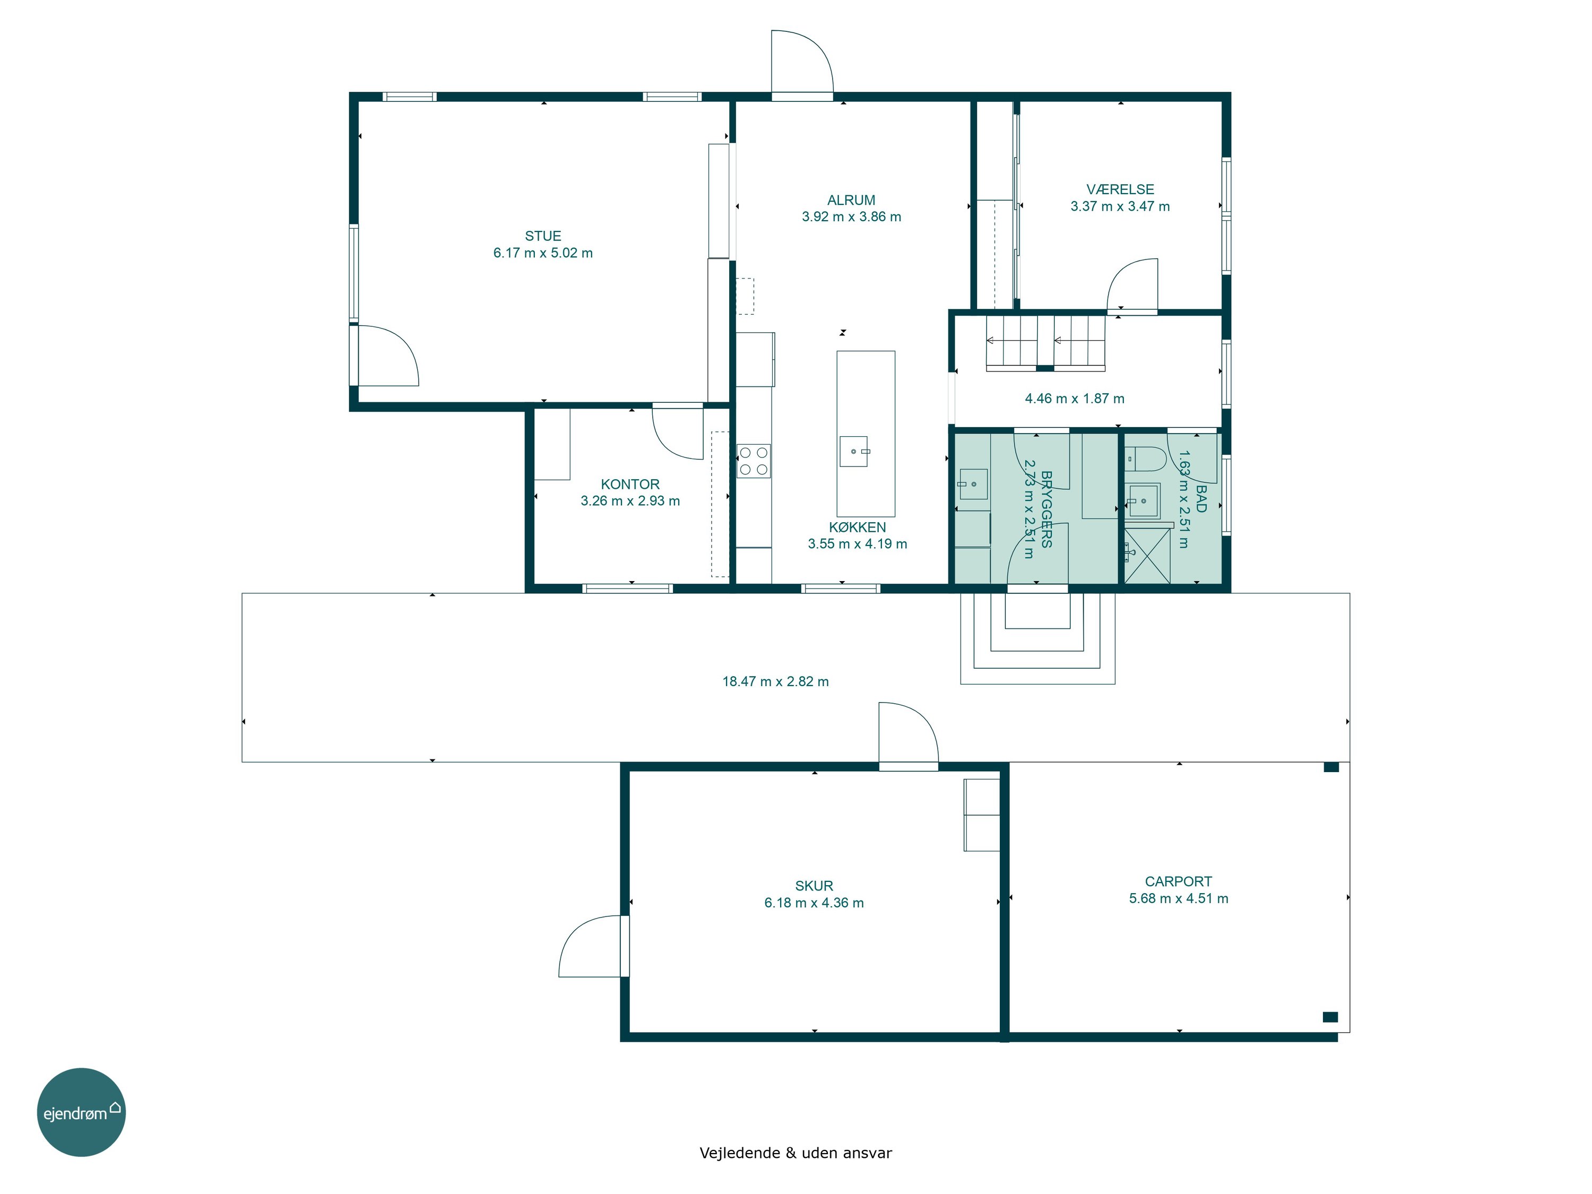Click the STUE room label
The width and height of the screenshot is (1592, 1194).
coord(543,236)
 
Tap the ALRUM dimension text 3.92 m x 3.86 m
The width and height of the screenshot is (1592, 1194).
coord(851,217)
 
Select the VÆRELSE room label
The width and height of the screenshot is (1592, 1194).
coord(1120,189)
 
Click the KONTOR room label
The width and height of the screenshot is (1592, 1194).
coord(630,484)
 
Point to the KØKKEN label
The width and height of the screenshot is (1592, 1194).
coord(857,527)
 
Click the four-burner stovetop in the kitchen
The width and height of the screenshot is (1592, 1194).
coord(754,461)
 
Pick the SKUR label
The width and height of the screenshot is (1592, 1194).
coord(814,886)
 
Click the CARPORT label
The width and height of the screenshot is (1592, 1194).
coord(1178,881)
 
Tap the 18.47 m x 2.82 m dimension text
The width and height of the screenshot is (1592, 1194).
coord(775,681)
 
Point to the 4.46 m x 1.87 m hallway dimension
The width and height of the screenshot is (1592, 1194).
coord(1075,399)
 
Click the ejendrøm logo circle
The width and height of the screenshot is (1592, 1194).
coord(81,1112)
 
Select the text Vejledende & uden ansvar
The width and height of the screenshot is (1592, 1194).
coord(795,1153)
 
